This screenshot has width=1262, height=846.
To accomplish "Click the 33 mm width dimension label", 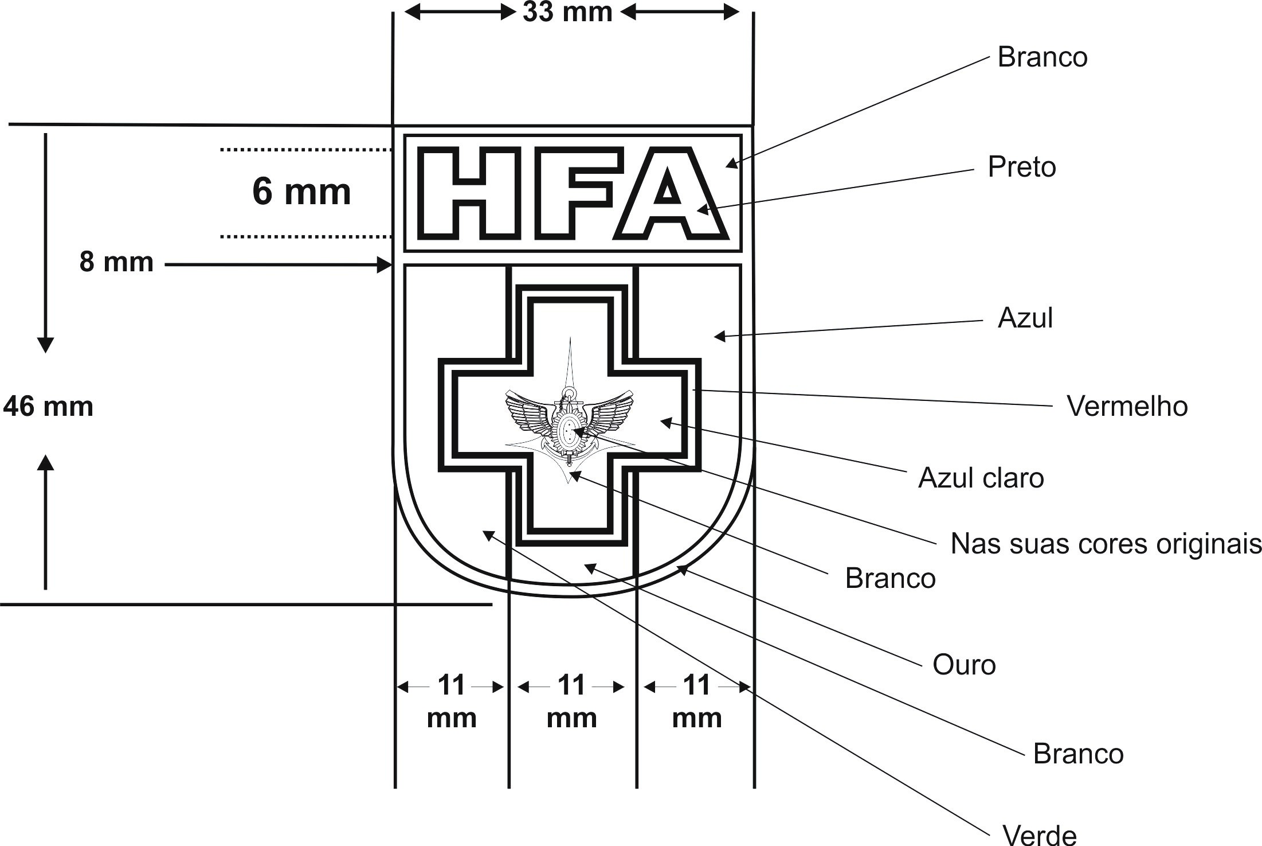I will point(567,12).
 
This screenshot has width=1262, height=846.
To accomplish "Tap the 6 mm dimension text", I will point(301,192).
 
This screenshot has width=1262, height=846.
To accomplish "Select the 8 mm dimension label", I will point(116,262).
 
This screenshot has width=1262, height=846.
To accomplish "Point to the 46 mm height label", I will point(48,407).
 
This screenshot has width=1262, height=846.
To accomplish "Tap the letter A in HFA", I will point(669,193).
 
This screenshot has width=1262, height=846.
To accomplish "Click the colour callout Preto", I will point(1021,167).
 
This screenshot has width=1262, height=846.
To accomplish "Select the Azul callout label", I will point(1025,318).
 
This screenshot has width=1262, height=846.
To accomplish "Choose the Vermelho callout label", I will point(1127,406).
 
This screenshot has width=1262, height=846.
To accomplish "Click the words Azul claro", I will point(981,478).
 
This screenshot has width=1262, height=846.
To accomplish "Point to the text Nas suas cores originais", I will point(1106,543).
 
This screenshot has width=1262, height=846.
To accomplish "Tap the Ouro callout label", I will point(964,665).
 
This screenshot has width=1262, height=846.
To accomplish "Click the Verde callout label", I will point(1040,834).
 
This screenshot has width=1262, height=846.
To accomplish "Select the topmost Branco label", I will point(1042,57).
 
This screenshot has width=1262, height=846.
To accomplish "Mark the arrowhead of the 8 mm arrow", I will point(385,265).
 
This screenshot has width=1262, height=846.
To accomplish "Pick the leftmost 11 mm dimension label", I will point(452,700).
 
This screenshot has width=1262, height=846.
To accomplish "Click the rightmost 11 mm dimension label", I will point(696,700).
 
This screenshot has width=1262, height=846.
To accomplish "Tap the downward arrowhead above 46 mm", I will point(45,345).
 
